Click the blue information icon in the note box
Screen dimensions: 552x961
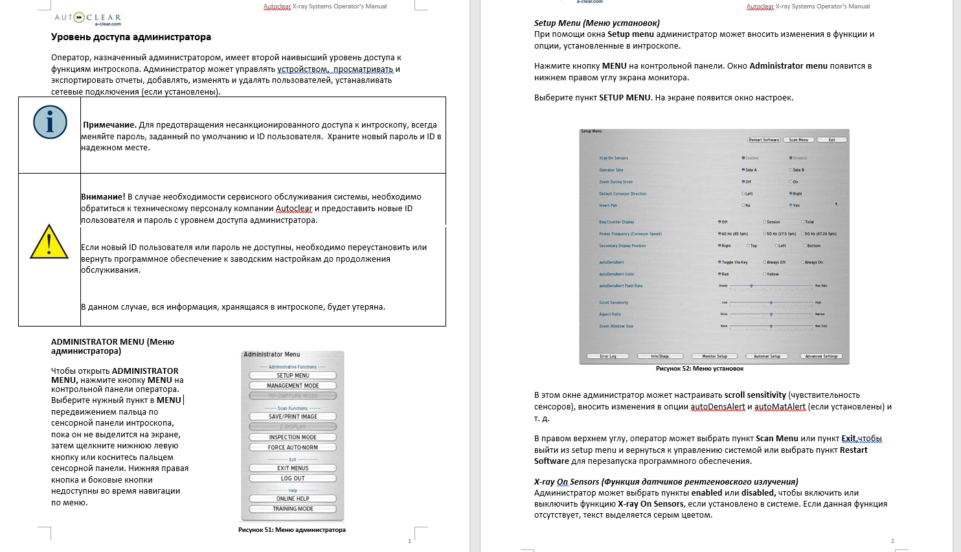pos(50,122)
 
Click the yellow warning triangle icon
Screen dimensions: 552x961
pos(49,242)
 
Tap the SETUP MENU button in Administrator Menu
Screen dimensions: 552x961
pos(293,375)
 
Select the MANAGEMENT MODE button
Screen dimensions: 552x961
pos(293,385)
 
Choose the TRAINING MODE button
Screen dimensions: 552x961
pos(293,509)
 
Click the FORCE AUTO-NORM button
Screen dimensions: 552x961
pos(293,447)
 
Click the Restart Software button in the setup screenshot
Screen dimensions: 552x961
pos(764,140)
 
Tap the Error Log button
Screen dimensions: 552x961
pos(608,356)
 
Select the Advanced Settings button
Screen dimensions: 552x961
pos(821,356)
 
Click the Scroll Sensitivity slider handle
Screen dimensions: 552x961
pos(771,303)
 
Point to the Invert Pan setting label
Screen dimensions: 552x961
pos(608,205)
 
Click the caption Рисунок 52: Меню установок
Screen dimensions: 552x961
pos(699,369)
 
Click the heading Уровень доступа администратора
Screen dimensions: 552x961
pos(131,38)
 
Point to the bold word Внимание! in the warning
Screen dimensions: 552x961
pos(103,197)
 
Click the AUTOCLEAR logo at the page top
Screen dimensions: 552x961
pos(87,18)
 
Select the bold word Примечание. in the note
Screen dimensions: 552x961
pos(109,125)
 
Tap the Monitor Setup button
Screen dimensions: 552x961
pos(714,356)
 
